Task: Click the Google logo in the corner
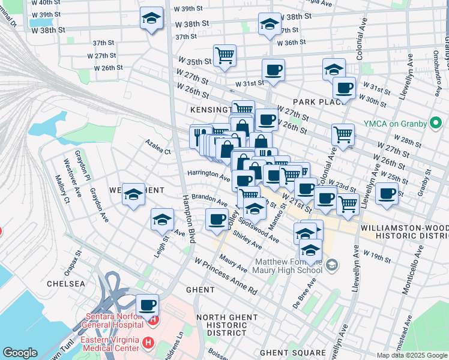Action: (x=20, y=353)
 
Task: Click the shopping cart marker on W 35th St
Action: (x=224, y=56)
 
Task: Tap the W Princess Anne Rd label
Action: (x=225, y=275)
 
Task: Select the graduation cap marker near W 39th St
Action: (x=152, y=19)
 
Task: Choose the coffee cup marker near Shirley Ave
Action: (x=216, y=220)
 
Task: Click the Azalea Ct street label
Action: (x=158, y=148)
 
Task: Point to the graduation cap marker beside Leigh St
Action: (x=162, y=220)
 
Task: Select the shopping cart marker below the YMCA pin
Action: (x=343, y=134)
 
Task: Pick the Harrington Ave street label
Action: (x=208, y=176)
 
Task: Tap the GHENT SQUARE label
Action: (x=297, y=353)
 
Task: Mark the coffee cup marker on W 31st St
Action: (x=273, y=70)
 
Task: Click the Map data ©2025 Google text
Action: (x=412, y=355)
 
